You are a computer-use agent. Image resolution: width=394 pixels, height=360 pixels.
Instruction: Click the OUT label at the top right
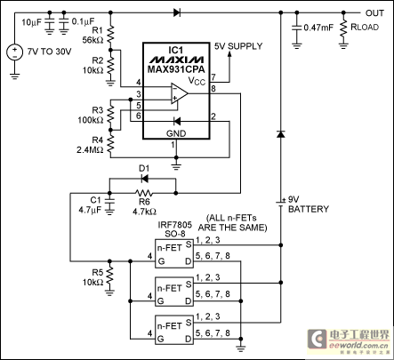click(374, 13)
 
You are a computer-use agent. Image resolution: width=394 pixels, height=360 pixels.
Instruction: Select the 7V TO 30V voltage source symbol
click(14, 52)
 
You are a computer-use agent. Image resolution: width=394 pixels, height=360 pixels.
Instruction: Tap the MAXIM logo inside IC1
click(176, 60)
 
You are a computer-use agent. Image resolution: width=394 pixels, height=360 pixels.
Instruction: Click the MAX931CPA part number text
click(176, 69)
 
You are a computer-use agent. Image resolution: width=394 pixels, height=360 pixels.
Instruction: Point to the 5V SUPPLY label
click(238, 46)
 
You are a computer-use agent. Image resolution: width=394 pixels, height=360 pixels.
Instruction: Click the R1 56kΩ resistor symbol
click(110, 34)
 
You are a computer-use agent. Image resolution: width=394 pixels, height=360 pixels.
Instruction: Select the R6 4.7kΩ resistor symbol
click(144, 193)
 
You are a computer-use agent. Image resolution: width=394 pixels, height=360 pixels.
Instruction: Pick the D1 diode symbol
click(144, 179)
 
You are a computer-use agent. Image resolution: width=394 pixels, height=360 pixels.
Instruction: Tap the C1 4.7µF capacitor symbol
click(110, 201)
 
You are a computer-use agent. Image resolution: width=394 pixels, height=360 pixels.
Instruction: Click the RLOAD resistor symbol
click(343, 28)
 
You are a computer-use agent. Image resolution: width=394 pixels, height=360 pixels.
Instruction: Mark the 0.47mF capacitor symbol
click(296, 28)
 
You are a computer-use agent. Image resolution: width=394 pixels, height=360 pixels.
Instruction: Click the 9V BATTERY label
click(309, 204)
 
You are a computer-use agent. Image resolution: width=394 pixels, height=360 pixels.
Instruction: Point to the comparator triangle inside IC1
click(180, 93)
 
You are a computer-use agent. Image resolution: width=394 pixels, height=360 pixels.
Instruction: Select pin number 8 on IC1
click(213, 88)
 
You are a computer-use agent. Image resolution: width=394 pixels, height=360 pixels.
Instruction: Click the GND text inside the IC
click(176, 133)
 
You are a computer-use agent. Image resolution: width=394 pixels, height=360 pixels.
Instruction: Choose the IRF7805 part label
click(175, 225)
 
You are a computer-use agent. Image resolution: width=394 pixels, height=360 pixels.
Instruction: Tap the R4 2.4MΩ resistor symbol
click(110, 143)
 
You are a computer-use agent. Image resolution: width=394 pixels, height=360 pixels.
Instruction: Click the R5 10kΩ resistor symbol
click(109, 275)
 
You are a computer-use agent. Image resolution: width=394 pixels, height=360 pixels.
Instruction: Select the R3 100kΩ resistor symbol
click(110, 115)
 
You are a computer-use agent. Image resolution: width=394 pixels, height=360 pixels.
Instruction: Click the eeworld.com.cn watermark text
click(358, 346)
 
